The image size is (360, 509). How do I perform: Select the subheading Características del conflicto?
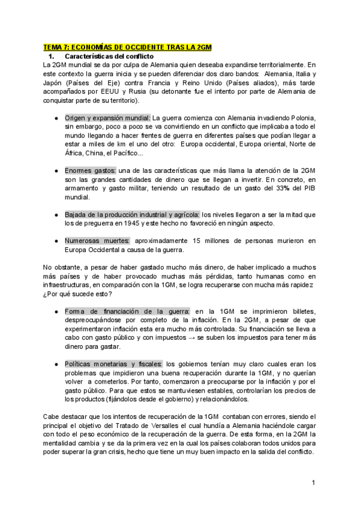(x=106, y=56)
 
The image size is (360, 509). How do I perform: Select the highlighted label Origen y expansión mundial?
(x=107, y=118)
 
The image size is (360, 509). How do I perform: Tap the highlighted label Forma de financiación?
(x=127, y=311)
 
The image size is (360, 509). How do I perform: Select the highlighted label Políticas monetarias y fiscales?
(x=113, y=364)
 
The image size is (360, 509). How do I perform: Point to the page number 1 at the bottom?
(x=313, y=482)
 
